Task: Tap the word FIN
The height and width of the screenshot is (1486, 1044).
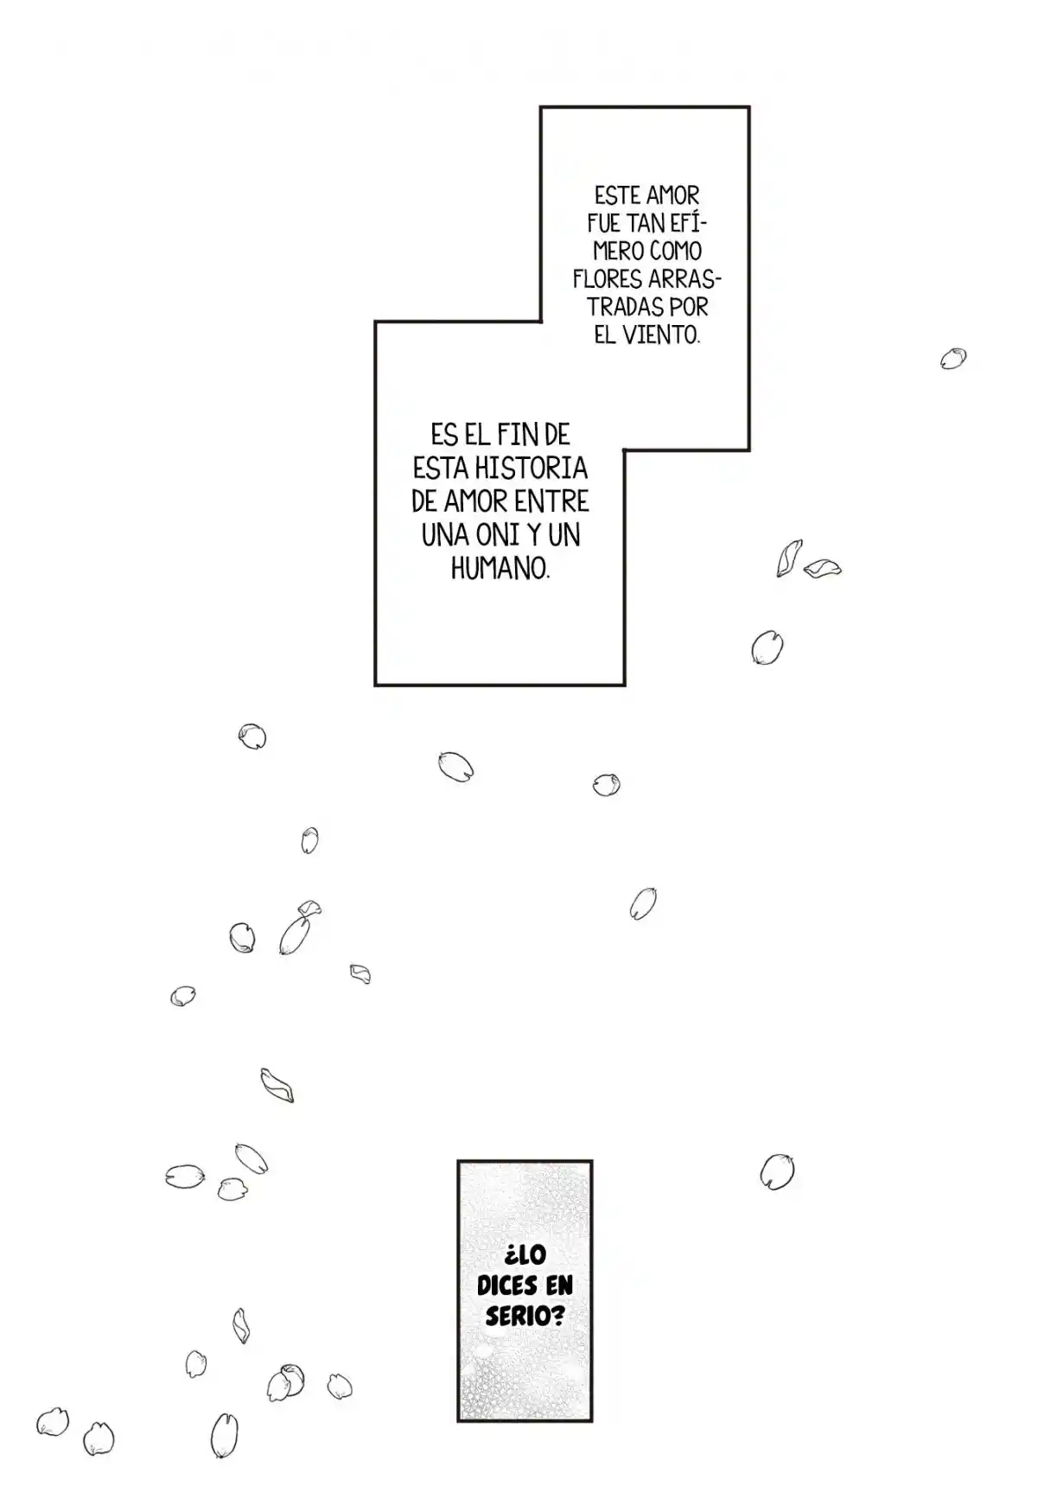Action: click(516, 434)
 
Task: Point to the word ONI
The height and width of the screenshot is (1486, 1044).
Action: click(497, 535)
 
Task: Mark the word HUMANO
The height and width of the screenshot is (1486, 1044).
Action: click(500, 569)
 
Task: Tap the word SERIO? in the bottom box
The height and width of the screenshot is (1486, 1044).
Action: click(525, 1316)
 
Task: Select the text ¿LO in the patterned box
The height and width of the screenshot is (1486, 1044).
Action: click(525, 1255)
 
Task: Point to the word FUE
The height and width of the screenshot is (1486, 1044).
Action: click(604, 223)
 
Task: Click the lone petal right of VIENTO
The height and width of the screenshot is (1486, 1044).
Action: click(953, 358)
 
